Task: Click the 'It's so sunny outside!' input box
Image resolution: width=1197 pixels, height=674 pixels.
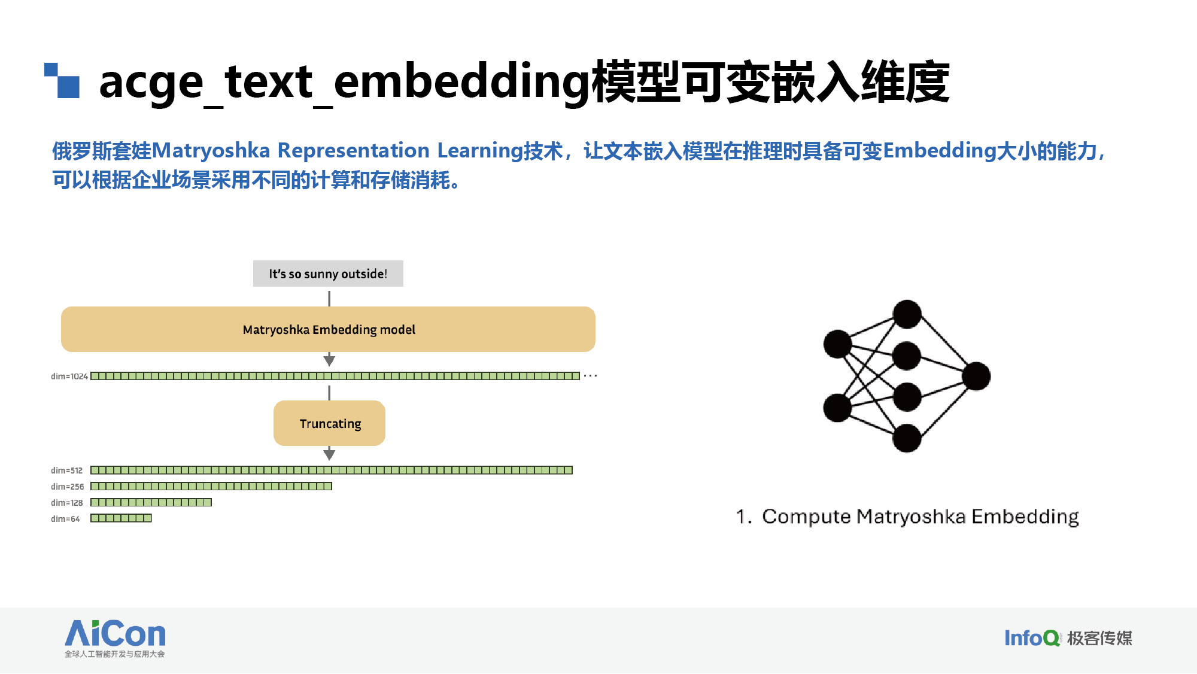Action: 328,274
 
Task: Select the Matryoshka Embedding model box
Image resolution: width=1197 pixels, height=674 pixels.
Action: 328,329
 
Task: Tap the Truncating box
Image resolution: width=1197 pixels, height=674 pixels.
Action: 329,423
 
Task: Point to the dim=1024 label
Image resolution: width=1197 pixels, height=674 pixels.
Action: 69,377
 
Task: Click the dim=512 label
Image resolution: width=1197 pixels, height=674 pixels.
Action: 67,470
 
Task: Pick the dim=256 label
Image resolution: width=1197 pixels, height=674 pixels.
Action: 68,487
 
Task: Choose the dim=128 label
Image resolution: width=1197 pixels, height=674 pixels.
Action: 67,503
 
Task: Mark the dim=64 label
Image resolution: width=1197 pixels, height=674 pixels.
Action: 65,519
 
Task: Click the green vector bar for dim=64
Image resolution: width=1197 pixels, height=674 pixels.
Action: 121,518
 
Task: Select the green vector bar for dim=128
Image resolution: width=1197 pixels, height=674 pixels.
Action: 151,502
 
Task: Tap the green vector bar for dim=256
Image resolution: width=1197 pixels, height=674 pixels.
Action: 211,486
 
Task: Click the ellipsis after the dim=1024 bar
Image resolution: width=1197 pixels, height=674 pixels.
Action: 590,376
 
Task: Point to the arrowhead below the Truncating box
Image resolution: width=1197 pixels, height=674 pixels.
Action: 329,455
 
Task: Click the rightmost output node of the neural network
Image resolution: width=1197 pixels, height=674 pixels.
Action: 976,376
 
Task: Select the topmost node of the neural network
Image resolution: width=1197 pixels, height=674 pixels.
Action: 907,314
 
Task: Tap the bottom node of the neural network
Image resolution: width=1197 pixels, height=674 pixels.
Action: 907,438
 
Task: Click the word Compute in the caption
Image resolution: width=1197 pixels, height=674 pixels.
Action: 806,517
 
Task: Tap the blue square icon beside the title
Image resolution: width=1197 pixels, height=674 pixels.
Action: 62,80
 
